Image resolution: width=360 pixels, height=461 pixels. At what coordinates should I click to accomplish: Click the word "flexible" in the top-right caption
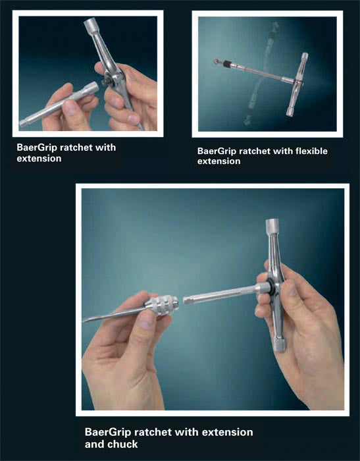311,151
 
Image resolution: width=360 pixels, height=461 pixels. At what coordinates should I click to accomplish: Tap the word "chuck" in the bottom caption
123,444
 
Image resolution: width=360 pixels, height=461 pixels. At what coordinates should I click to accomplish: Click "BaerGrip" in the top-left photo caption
37,148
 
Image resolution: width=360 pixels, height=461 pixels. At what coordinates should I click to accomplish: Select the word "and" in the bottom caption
95,444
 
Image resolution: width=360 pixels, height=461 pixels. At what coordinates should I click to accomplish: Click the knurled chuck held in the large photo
161,306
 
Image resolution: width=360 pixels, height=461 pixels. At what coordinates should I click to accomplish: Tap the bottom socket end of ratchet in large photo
280,345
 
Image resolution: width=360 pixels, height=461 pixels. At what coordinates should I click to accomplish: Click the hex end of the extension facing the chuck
187,300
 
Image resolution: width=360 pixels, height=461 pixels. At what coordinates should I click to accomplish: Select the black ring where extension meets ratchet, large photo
272,286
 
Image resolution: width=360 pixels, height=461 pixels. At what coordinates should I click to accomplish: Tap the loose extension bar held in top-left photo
59,104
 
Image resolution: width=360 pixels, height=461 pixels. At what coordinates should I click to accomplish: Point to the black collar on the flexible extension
228,63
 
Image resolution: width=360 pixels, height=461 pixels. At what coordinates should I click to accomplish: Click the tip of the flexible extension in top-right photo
216,61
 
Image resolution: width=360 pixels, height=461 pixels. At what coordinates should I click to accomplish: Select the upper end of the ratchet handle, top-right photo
305,56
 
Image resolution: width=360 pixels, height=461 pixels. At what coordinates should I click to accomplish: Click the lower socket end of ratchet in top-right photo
290,111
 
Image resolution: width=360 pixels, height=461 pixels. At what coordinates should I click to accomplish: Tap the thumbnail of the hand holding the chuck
146,321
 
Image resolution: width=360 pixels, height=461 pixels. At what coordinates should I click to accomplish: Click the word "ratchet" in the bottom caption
152,433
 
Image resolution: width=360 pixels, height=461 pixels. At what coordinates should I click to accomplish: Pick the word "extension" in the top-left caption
39,159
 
